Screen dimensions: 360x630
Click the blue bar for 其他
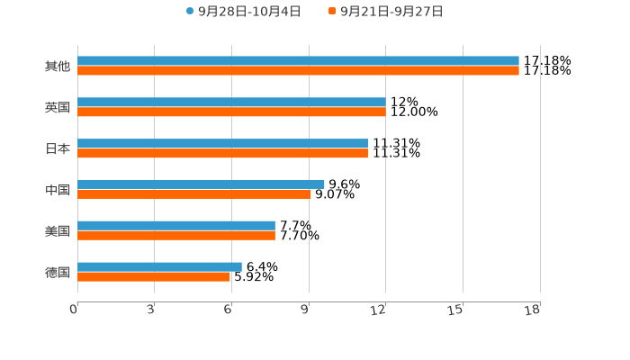pos(298,61)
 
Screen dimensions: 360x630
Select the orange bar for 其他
pos(298,70)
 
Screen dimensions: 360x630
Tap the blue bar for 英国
pos(231,103)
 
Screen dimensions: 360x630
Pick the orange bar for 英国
pos(231,112)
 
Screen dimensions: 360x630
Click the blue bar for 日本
pos(222,144)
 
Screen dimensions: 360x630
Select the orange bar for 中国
pos(193,193)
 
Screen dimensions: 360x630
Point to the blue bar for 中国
pos(201,184)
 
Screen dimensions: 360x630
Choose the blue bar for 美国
pos(176,225)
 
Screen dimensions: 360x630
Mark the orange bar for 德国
pos(154,276)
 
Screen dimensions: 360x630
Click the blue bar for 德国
pos(159,266)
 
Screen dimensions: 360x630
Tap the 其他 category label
pos(58,66)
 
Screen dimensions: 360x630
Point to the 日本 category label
pos(58,148)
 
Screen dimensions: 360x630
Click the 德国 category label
pos(58,272)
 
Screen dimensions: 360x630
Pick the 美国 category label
pos(58,230)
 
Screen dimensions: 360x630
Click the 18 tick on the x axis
pos(533,310)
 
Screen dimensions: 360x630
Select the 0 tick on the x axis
pos(75,310)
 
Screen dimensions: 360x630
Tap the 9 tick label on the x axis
pos(306,310)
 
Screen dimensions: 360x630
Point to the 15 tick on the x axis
pos(456,310)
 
